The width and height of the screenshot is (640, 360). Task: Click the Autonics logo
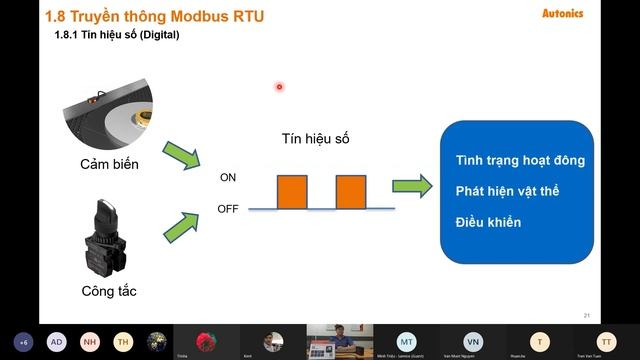point(607,14)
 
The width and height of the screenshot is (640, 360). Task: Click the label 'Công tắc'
point(109,291)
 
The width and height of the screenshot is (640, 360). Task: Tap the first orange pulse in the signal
point(292,191)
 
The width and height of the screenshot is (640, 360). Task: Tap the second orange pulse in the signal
point(350,191)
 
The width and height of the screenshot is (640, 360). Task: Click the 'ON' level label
point(228,178)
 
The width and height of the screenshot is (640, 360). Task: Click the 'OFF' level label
point(228,208)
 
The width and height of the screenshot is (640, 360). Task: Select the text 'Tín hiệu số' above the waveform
point(315,139)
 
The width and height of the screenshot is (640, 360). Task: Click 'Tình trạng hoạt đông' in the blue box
point(520,160)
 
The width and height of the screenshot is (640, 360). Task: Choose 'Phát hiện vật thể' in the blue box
point(508,190)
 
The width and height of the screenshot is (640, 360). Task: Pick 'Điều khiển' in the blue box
point(488,221)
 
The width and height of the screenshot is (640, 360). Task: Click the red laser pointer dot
point(279,86)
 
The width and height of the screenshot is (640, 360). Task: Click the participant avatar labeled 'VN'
point(472,341)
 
